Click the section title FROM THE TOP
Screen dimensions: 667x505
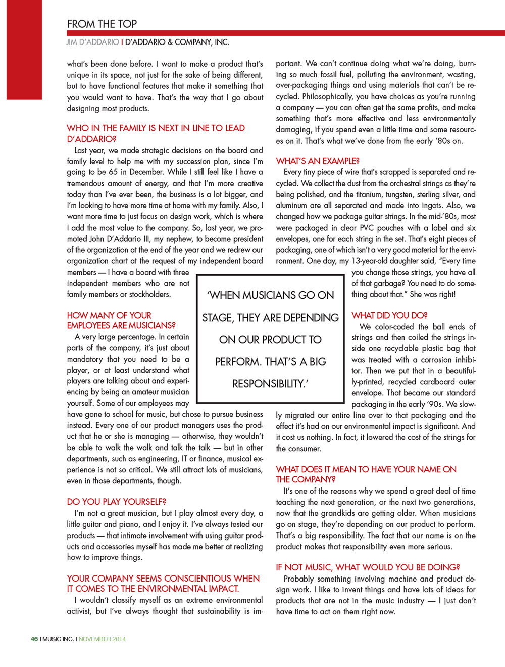click(102, 24)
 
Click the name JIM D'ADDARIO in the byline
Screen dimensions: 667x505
click(93, 42)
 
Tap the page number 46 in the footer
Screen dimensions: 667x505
click(34, 639)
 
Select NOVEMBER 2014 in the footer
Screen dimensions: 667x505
click(102, 639)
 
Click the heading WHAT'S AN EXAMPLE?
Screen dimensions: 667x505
click(318, 161)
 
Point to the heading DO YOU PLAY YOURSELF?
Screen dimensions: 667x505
click(116, 501)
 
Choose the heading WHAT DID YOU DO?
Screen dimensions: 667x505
click(389, 315)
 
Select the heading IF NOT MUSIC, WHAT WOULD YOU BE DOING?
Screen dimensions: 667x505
click(368, 567)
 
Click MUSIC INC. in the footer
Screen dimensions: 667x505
click(58, 639)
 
